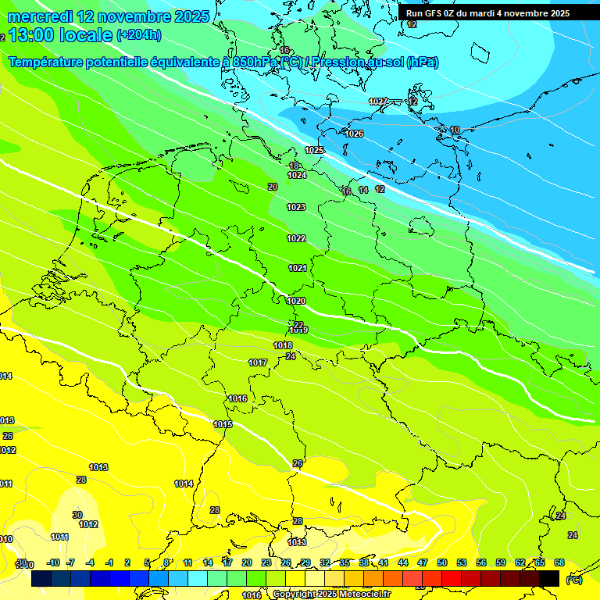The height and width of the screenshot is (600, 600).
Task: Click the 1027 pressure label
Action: point(377,102)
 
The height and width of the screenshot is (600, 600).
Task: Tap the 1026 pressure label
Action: point(354,134)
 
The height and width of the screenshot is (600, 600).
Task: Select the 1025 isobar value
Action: point(314,150)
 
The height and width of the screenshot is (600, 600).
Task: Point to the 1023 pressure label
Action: point(296,207)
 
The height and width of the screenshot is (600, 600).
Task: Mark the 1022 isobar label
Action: point(296,238)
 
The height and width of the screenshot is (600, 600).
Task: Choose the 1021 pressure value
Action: point(298,268)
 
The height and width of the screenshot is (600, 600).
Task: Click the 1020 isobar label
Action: point(296,301)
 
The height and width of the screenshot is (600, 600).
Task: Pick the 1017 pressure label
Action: point(258,362)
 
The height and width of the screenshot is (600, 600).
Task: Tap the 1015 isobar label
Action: point(223,424)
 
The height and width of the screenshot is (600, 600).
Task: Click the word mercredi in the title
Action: point(42,16)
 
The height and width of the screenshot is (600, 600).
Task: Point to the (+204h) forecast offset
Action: point(138,35)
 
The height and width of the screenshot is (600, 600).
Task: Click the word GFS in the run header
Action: point(430,13)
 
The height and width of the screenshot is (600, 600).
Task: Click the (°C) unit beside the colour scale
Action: point(573,580)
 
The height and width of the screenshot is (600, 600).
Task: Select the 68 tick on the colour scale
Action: point(559,562)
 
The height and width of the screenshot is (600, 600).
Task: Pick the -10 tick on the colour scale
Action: point(53,562)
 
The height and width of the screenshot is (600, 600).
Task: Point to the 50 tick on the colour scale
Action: point(442,562)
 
